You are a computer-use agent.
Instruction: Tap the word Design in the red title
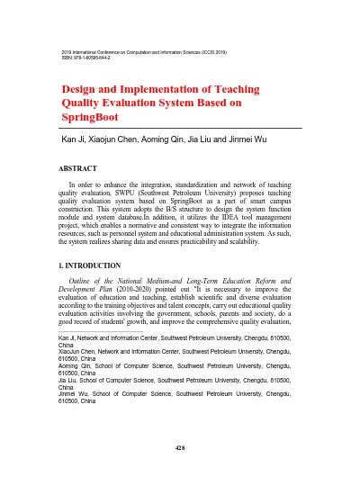coord(81,90)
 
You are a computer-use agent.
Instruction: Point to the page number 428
coord(180,448)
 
